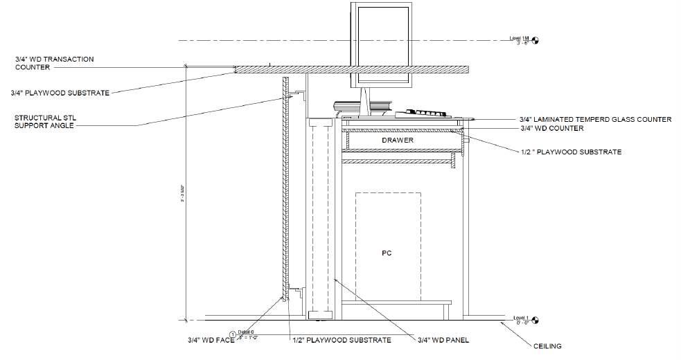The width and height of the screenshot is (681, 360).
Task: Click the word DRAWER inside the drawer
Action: click(398, 141)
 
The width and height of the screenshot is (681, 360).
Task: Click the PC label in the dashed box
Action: click(387, 253)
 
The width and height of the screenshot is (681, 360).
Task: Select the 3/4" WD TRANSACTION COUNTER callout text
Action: click(54, 64)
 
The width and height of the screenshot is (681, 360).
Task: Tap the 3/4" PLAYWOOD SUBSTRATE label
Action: click(60, 93)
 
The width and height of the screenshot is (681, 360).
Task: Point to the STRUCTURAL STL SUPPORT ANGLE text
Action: click(49, 122)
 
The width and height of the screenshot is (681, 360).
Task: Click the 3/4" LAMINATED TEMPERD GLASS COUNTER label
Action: click(595, 120)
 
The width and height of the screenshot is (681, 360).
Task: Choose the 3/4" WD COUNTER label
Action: click(552, 129)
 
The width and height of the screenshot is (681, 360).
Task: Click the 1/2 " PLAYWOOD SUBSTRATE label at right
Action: click(571, 152)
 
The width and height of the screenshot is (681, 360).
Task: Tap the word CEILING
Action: click(547, 346)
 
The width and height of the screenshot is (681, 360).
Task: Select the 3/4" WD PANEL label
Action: click(443, 340)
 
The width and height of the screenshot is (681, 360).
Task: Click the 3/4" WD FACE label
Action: click(211, 340)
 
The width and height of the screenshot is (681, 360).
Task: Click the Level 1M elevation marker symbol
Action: click(535, 40)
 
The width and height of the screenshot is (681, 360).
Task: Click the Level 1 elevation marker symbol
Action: click(535, 321)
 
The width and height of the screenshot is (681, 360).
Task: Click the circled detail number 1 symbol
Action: click(233, 335)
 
